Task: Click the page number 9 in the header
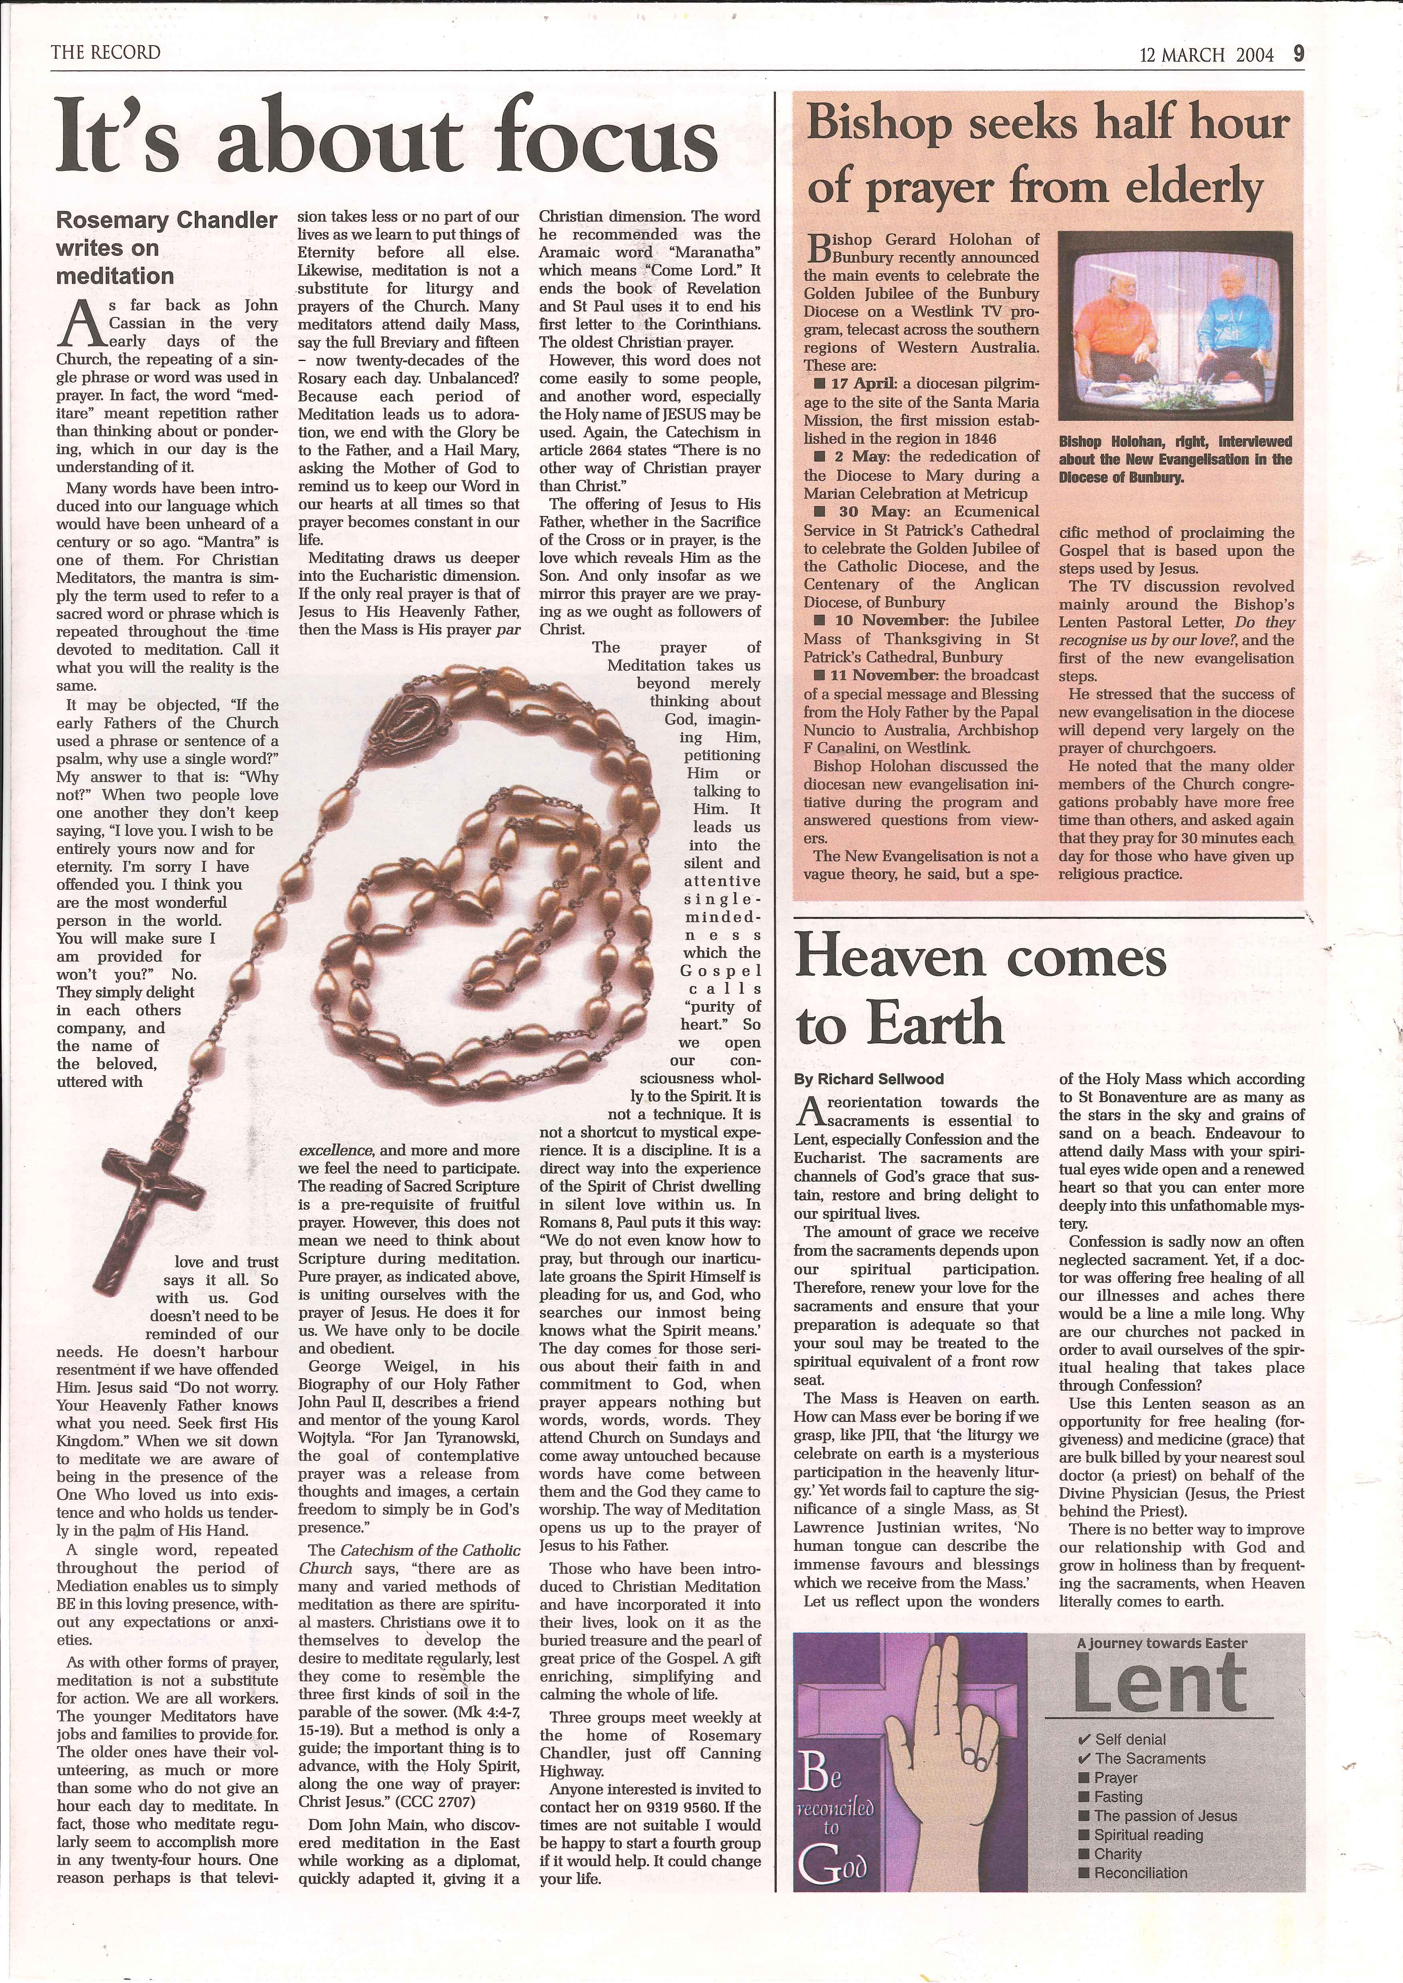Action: [1299, 54]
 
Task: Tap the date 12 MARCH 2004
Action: [1207, 55]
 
